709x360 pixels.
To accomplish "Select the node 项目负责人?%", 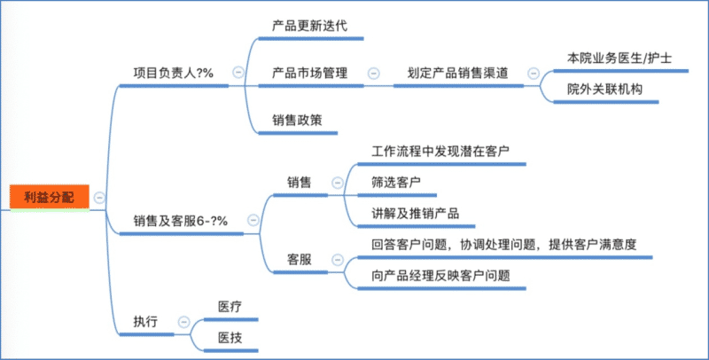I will point(173,74).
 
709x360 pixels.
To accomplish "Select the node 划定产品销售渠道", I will point(457,74).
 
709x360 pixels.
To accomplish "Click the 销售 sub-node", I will point(299,182).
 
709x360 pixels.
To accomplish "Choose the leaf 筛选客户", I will point(395,182).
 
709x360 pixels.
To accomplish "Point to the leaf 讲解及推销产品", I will point(416,214).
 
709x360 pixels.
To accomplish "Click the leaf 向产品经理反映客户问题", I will point(440,276).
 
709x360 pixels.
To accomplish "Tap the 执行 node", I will point(145,322).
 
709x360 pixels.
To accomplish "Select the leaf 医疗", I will point(230,306).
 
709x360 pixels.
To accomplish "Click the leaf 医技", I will point(230,338).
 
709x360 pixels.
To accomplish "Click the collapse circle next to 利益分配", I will point(99,197).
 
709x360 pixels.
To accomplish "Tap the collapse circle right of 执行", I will point(183,322).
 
